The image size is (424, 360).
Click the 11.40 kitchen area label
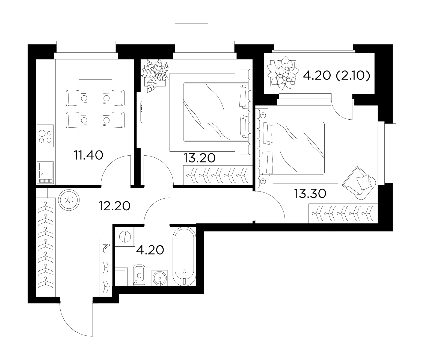88,155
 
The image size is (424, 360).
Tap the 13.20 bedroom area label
199,158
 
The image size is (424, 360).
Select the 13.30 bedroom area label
310,194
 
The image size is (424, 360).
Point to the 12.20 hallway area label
114,206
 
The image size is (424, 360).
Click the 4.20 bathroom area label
150,250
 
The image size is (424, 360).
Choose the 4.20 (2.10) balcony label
337,75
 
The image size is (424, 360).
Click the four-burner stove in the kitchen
45,136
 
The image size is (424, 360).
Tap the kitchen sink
45,172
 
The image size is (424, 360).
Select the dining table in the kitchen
95,109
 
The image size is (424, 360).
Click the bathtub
184,256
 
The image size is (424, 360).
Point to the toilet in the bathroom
139,275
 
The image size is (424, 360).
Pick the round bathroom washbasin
160,278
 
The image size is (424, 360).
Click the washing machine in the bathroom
125,237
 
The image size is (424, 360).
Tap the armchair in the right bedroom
359,183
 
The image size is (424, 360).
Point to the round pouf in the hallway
69,200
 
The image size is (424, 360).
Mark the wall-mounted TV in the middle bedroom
141,112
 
